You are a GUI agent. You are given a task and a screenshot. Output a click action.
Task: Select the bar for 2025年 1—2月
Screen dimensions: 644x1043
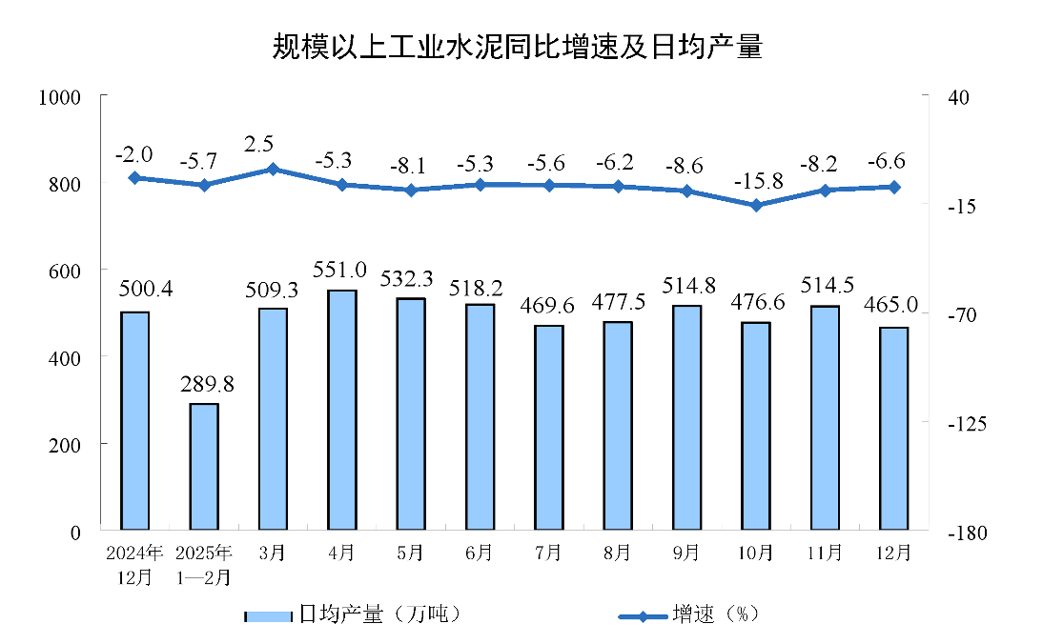pyautogui.click(x=204, y=466)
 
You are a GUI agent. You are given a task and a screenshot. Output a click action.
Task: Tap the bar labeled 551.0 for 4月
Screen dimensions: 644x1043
pyautogui.click(x=341, y=410)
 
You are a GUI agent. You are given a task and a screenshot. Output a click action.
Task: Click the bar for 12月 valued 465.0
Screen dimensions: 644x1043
pyautogui.click(x=893, y=428)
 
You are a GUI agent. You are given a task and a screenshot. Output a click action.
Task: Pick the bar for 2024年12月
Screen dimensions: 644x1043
pyautogui.click(x=134, y=420)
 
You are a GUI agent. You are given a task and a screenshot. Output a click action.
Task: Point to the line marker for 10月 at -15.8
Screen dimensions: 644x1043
pyautogui.click(x=756, y=205)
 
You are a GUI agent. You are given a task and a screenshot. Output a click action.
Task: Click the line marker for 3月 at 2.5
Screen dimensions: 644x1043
pyautogui.click(x=273, y=169)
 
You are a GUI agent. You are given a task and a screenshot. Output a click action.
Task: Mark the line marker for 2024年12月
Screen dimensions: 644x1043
pyautogui.click(x=134, y=177)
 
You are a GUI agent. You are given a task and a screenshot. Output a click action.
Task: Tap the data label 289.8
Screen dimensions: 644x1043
pyautogui.click(x=207, y=385)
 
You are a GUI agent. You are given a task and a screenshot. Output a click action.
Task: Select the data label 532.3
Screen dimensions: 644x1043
pyautogui.click(x=409, y=279)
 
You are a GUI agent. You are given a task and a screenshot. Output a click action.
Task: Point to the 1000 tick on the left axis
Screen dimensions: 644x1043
pyautogui.click(x=59, y=97)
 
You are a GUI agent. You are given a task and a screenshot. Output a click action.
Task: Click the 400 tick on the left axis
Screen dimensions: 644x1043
pyautogui.click(x=71, y=357)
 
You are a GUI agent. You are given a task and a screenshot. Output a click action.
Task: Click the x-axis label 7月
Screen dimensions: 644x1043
pyautogui.click(x=548, y=553)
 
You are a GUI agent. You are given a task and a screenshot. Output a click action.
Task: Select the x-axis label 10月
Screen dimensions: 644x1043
pyautogui.click(x=755, y=553)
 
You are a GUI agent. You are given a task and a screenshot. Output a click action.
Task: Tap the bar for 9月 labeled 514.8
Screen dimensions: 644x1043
pyautogui.click(x=686, y=417)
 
